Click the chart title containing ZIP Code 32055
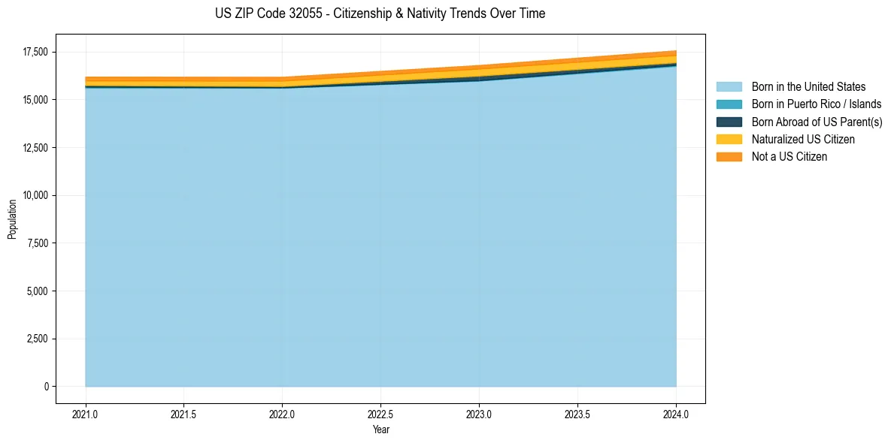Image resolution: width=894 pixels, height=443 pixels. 380,14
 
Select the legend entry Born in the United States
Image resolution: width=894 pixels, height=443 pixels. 808,87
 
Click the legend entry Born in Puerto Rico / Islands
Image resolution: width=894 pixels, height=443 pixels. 817,104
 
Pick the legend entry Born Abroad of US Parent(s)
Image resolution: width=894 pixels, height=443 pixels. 817,122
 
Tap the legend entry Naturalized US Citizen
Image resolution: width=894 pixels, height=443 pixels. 803,139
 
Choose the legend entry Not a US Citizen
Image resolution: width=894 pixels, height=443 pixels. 789,156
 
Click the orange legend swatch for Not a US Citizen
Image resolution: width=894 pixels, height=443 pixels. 729,156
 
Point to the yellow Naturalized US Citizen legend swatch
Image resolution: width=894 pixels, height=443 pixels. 729,139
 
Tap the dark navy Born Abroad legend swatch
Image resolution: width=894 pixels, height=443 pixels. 729,122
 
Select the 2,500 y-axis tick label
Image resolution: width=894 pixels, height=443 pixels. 35,339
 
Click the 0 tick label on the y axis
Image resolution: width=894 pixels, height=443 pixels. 45,387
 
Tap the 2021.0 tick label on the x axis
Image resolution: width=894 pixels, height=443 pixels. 86,413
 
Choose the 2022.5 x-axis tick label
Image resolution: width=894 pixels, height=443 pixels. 380,413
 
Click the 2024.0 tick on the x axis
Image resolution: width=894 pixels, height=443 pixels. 676,413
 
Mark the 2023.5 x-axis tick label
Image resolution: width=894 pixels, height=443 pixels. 577,413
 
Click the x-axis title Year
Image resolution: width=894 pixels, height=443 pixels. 380,429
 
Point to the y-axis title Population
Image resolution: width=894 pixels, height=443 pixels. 12,219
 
